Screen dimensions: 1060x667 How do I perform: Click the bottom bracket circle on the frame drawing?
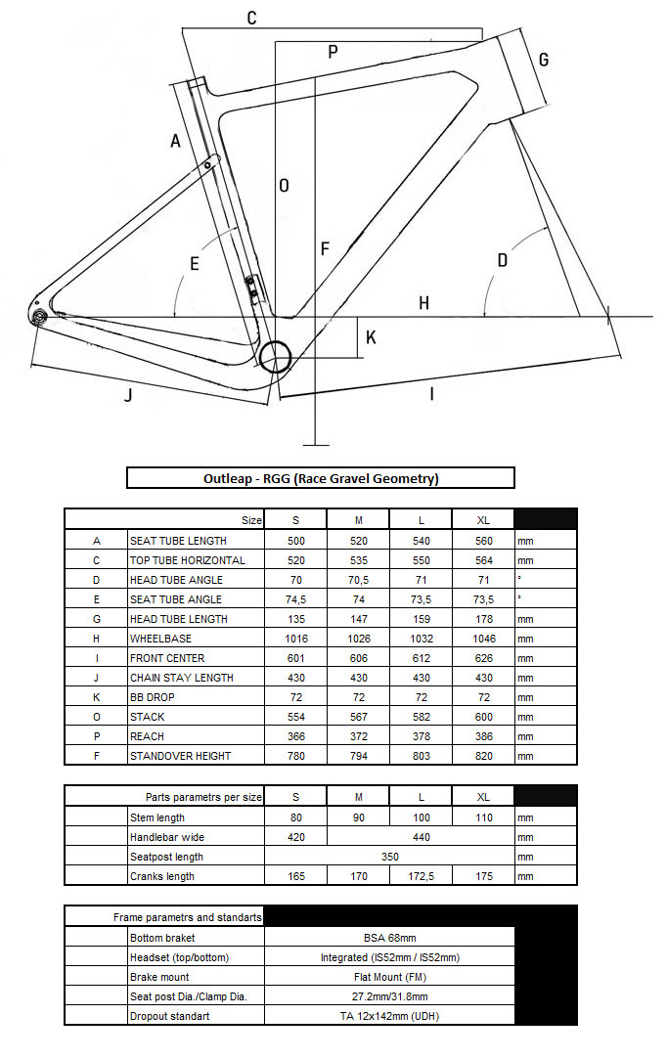276,356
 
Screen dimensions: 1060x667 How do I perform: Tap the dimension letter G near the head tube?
544,59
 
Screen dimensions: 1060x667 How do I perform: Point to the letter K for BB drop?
371,337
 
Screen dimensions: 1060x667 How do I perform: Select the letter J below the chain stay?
128,395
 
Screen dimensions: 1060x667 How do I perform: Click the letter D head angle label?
503,260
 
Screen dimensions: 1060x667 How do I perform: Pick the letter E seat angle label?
195,264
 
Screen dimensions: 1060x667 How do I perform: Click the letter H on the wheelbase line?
423,303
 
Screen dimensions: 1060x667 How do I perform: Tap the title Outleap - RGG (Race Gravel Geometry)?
321,478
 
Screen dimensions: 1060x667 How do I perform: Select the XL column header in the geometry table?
483,520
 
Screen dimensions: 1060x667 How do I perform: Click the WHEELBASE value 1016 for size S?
295,639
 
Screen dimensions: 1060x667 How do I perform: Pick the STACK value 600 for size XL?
483,717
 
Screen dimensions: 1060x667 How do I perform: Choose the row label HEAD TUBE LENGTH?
179,619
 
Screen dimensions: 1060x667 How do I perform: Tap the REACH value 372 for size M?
358,736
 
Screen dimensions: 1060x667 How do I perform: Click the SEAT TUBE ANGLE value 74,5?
295,599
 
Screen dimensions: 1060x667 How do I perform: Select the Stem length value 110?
483,817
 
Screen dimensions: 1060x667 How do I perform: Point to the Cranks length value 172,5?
421,876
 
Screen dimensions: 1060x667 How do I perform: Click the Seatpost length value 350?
389,857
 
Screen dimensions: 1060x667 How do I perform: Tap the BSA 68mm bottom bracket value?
389,938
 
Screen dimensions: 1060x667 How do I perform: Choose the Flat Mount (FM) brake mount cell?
389,977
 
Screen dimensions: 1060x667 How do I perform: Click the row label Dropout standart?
170,1016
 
